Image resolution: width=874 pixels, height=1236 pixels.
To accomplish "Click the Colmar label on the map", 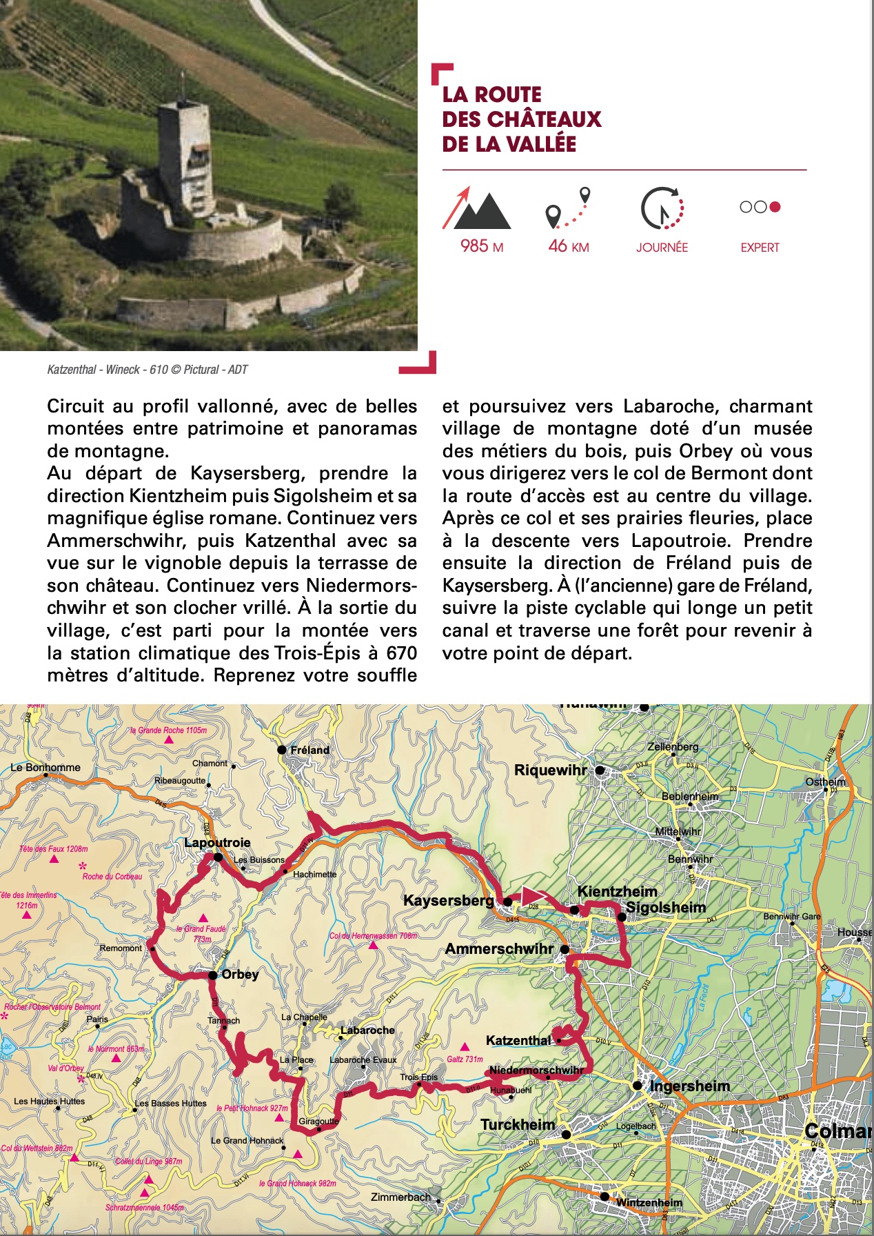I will (x=837, y=1131).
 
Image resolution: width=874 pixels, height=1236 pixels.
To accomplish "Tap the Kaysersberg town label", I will (x=448, y=900).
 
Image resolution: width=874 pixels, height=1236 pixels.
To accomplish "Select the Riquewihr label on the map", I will (x=550, y=770).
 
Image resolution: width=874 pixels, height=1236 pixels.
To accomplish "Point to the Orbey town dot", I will (x=214, y=975).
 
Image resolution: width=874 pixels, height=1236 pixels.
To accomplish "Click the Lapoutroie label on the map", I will (x=217, y=842).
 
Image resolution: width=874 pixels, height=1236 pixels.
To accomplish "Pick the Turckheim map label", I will (x=517, y=1124).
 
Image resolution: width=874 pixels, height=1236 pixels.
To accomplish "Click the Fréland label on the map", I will (x=309, y=750).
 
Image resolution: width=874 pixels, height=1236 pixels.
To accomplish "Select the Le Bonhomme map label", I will (x=45, y=767).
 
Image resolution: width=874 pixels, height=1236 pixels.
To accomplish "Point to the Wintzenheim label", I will (x=649, y=1202).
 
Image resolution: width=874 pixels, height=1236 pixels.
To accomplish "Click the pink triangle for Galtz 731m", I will (x=465, y=1046).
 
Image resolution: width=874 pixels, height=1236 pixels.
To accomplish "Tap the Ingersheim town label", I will (x=689, y=1086).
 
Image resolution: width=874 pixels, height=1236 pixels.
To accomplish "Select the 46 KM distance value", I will (x=568, y=246).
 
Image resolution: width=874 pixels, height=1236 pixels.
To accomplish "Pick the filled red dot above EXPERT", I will (x=775, y=207).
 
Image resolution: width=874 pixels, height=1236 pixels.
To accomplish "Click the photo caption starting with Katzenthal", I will (x=147, y=370).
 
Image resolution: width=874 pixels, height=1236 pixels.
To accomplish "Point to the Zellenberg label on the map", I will (x=673, y=746).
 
